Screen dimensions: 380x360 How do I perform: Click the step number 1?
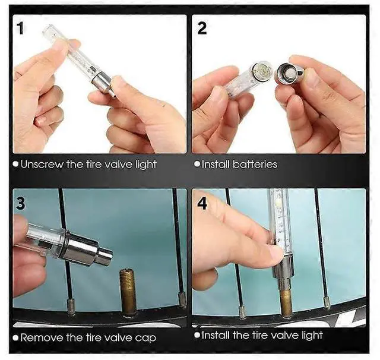click(x=20, y=28)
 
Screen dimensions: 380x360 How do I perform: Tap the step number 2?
click(x=202, y=28)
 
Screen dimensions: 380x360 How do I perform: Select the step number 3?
click(x=20, y=203)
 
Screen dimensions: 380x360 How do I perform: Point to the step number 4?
click(x=202, y=203)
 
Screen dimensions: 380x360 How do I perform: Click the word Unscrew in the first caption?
click(x=42, y=165)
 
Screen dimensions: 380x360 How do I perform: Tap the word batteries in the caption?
click(x=255, y=165)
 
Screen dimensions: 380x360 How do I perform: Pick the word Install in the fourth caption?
click(x=216, y=335)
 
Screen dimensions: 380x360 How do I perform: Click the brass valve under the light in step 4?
click(x=286, y=302)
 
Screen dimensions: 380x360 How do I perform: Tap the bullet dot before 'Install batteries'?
click(x=198, y=165)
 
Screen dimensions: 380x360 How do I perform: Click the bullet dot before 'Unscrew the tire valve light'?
click(x=16, y=165)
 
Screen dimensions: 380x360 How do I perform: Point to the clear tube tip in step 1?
click(x=47, y=30)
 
